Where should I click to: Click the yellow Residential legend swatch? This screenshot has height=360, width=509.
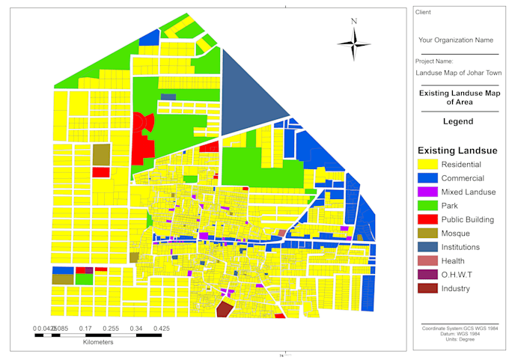[427, 165]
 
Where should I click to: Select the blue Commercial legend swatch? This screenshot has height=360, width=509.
[427, 178]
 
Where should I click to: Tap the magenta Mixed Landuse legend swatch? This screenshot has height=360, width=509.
[427, 192]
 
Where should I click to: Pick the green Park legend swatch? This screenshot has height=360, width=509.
[427, 206]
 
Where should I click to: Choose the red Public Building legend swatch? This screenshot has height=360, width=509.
[427, 219]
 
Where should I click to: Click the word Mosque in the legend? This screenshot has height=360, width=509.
[455, 234]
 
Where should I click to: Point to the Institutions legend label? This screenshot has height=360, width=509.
[465, 247]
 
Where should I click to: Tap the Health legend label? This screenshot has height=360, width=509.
[453, 260]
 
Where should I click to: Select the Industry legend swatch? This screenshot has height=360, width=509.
[427, 288]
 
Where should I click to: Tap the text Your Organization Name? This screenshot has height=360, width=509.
[455, 40]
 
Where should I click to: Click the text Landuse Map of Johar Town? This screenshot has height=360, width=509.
[458, 73]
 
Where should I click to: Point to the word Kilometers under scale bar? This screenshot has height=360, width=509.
[97, 342]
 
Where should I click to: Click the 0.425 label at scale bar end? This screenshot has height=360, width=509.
[160, 328]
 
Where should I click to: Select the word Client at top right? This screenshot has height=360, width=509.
[424, 12]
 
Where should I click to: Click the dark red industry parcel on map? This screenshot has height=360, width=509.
[224, 309]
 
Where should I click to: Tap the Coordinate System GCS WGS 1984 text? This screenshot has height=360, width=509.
[459, 328]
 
